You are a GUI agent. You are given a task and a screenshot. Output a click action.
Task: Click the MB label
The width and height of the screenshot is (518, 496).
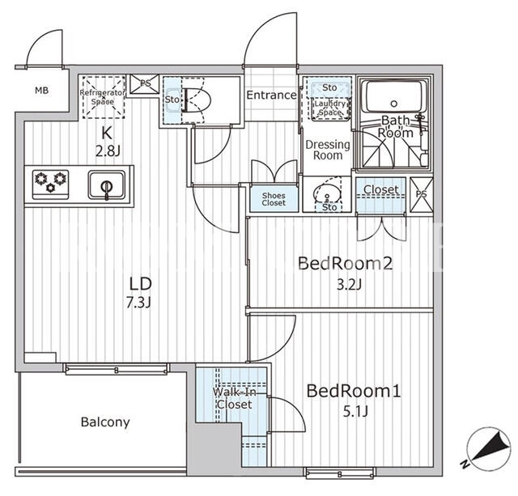(41, 90)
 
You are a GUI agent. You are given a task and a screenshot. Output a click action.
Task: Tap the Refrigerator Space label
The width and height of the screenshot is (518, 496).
(103, 97)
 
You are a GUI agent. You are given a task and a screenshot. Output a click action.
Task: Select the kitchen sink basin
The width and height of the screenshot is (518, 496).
(106, 184)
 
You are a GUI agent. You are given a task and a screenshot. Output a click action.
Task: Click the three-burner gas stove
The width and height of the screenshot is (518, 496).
(50, 184)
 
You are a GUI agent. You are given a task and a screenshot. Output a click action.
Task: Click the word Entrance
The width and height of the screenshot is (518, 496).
(272, 95)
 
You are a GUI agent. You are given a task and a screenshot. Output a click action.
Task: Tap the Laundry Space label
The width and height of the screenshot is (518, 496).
(329, 108)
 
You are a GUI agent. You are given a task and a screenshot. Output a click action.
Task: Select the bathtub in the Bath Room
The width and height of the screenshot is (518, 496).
(393, 97)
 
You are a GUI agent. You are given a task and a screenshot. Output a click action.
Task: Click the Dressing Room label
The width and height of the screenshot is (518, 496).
(327, 150)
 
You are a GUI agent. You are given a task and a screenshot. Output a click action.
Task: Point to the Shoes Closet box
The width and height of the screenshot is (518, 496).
(274, 199)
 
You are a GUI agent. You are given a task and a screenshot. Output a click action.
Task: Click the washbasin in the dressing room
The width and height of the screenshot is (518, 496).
(327, 193)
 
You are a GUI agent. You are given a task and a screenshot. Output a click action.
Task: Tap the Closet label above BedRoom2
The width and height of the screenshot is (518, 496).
(381, 189)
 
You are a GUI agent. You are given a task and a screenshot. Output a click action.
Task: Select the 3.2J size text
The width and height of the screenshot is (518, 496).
(349, 284)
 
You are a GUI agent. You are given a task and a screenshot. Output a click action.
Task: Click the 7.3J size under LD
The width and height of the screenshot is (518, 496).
(138, 302)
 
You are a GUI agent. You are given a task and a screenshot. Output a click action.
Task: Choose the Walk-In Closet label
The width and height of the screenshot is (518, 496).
(235, 398)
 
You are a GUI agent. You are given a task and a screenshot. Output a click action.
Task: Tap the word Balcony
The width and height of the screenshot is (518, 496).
(105, 422)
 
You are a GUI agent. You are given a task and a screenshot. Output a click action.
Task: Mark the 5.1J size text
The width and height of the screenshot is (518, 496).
(355, 412)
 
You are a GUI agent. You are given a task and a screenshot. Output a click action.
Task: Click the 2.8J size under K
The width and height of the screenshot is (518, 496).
(108, 151)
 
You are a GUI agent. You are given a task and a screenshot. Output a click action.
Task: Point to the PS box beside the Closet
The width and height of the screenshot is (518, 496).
(421, 194)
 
